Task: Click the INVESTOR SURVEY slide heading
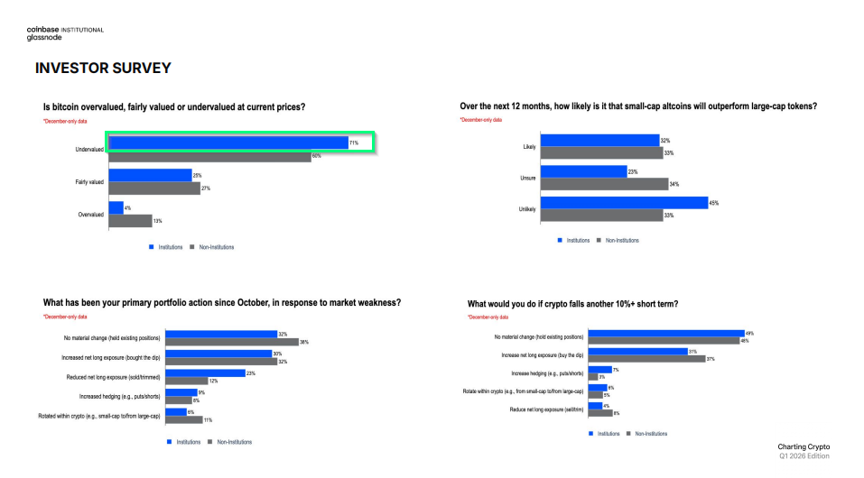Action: coord(103,68)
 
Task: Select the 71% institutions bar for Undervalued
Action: coord(228,142)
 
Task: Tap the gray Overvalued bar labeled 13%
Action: coord(130,220)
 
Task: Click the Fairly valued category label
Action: coord(88,182)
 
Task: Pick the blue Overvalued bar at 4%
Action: coord(116,207)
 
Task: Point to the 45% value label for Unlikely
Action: coord(713,203)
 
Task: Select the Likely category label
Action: coord(529,147)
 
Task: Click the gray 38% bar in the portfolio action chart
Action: coord(231,342)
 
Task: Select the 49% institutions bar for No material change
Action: coord(665,334)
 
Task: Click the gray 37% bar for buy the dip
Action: coord(646,358)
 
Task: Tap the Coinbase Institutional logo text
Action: coord(65,30)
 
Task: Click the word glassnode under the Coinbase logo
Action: coord(43,39)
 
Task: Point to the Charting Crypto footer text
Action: coord(804,446)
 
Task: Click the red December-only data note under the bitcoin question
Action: coord(65,120)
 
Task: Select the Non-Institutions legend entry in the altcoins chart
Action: coord(621,240)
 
